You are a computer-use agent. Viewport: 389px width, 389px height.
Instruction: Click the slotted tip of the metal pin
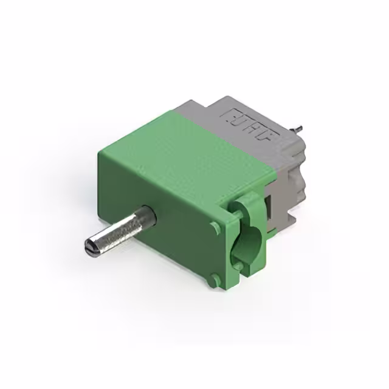pos(90,246)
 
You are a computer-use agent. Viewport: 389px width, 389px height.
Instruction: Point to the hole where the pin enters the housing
pos(148,216)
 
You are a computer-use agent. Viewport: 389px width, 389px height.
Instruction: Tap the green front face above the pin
pos(152,182)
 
